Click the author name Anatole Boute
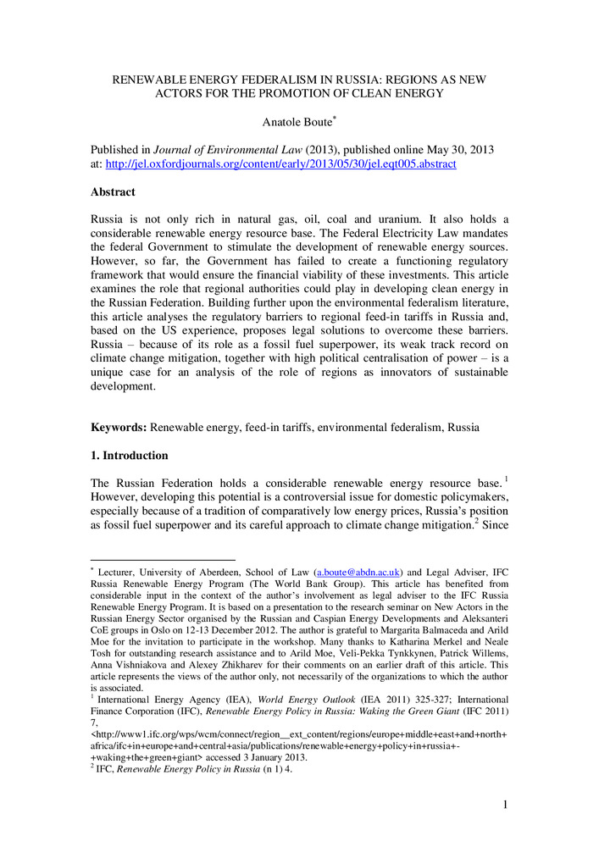pos(298,122)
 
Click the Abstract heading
pos(114,192)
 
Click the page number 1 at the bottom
pos(505,804)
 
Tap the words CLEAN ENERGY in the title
pos(396,93)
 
